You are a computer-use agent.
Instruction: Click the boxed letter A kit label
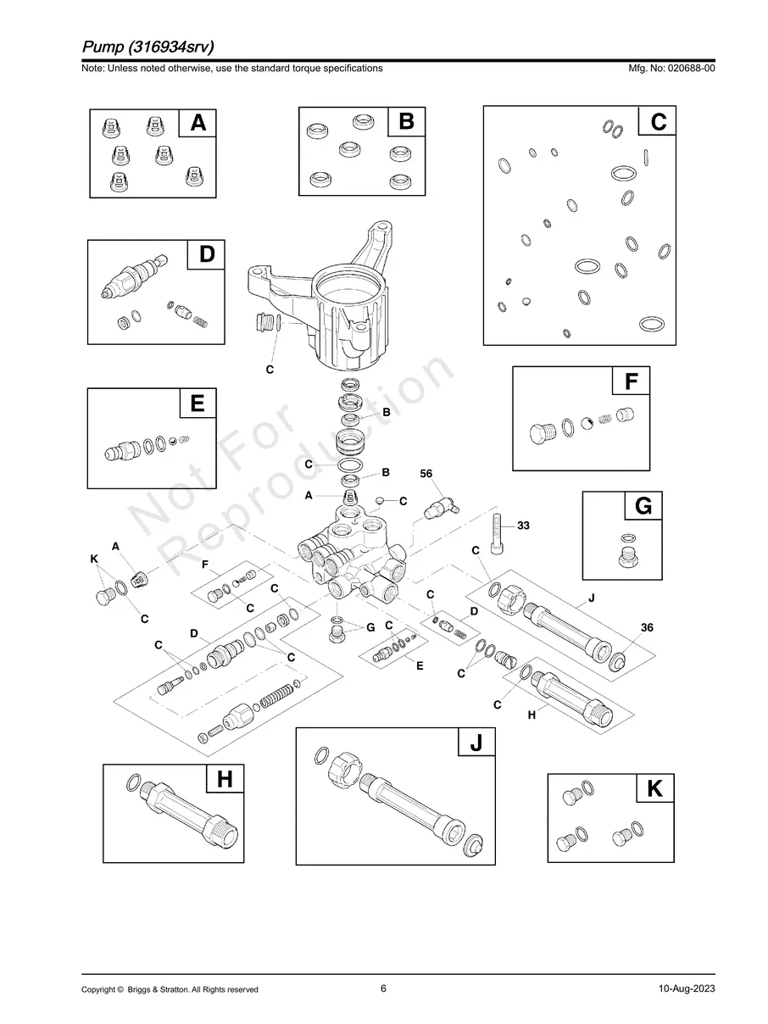coord(198,124)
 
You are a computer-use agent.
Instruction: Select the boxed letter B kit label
coord(406,122)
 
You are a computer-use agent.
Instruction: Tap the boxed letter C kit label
coord(658,122)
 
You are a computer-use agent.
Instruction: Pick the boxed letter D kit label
coord(207,254)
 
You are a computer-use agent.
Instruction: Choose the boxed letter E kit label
coord(198,403)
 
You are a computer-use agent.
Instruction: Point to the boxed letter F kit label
coord(631,382)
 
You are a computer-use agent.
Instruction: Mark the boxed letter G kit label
coord(643,506)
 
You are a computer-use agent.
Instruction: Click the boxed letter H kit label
coord(225,778)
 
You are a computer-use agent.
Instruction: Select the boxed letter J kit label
coord(476,743)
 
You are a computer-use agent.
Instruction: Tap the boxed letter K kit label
coord(654,789)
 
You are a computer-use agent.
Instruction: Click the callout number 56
coord(426,473)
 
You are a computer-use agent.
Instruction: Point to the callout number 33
coord(523,526)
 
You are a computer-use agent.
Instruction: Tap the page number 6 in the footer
coord(383,988)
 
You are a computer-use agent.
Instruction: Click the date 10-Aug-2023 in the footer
coord(686,989)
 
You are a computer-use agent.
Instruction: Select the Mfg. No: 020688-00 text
coord(670,68)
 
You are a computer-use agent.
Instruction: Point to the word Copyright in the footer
coord(98,989)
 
